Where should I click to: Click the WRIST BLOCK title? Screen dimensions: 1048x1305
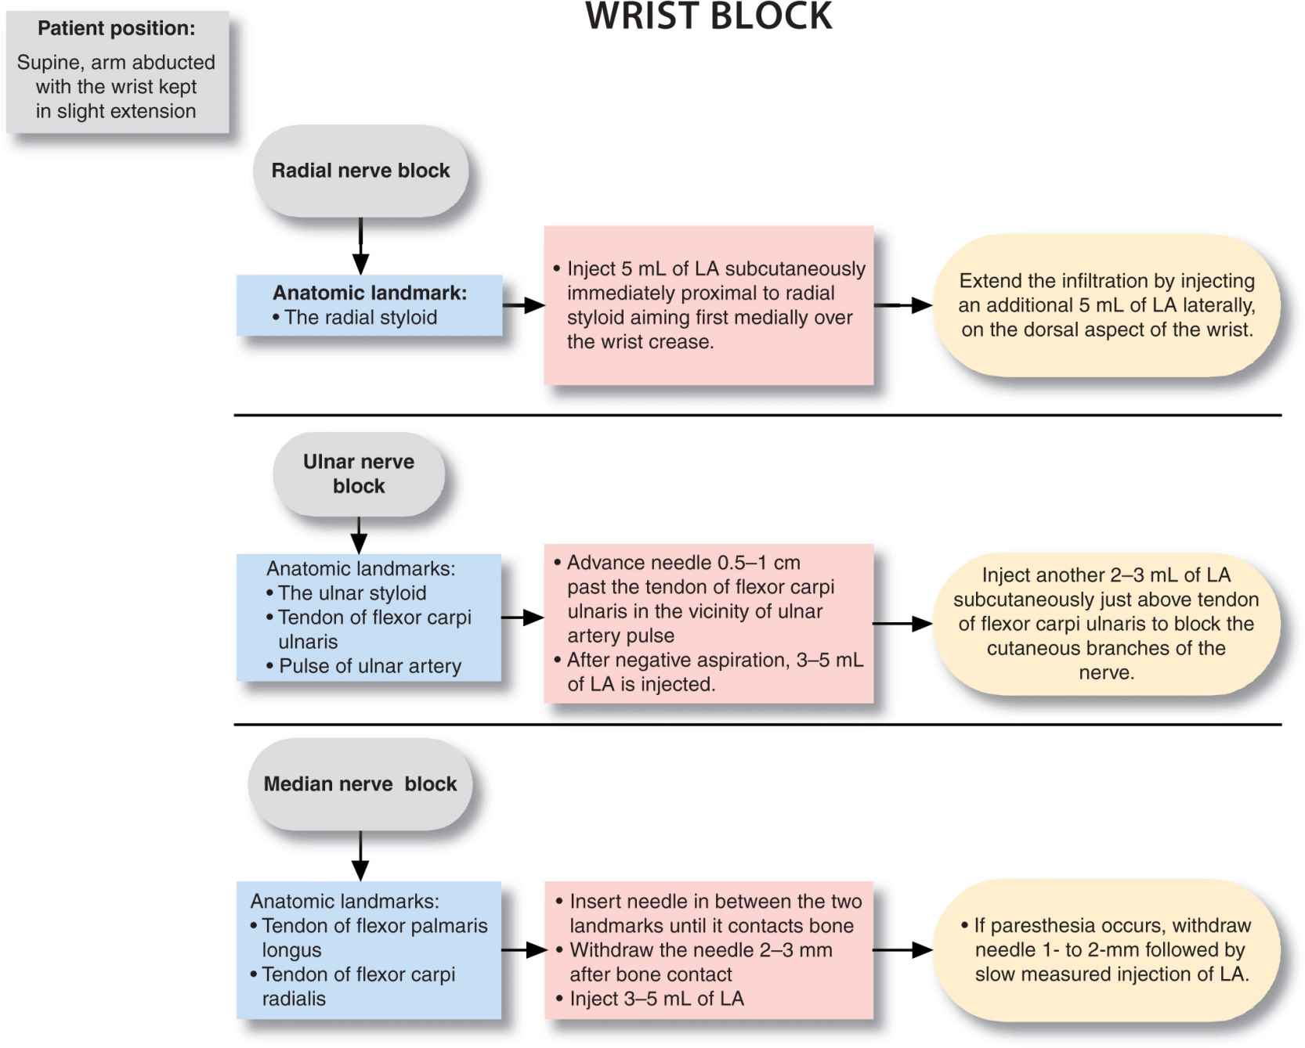tap(709, 17)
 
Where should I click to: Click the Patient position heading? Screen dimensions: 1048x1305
tap(117, 29)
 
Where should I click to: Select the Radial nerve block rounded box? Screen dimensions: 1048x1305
tap(360, 171)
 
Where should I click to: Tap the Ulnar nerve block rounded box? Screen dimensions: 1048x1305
tap(359, 474)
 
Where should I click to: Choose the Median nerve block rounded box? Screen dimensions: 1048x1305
tap(360, 784)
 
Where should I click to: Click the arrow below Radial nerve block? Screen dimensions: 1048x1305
tap(360, 247)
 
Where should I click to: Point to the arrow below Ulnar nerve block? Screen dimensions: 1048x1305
tap(359, 535)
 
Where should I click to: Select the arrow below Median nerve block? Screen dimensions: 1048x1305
tap(360, 856)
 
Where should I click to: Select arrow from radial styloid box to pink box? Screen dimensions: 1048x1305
tap(523, 305)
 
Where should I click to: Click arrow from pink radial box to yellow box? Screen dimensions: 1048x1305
tap(903, 305)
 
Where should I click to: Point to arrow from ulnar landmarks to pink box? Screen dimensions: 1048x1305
tap(522, 618)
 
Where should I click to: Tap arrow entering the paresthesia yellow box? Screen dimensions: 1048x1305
tap(902, 950)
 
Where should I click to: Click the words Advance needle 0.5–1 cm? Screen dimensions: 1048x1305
tap(683, 563)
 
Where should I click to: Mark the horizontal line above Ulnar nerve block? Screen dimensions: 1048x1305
tap(757, 415)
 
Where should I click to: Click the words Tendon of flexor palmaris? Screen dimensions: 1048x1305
tap(374, 926)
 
